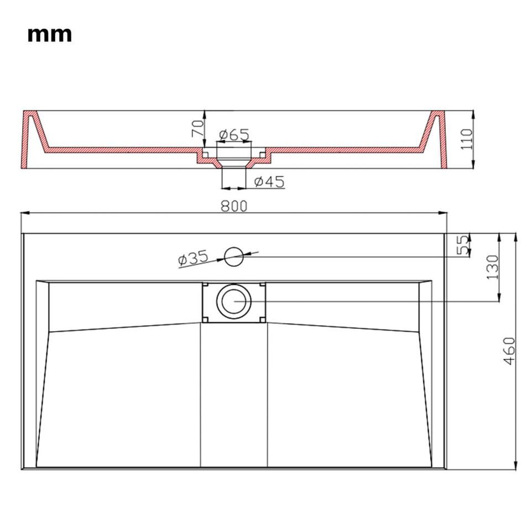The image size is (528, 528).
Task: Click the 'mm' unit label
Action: [50, 35]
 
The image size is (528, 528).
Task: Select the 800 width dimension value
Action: [234, 206]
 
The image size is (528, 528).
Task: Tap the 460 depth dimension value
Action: [510, 351]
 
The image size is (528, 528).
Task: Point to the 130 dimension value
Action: [492, 267]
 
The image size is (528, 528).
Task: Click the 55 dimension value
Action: [463, 245]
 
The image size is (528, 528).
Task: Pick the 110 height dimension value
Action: [467, 139]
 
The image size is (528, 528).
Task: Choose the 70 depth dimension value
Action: [198, 128]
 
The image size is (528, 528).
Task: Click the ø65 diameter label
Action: [234, 135]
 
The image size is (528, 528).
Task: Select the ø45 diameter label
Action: [269, 182]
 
